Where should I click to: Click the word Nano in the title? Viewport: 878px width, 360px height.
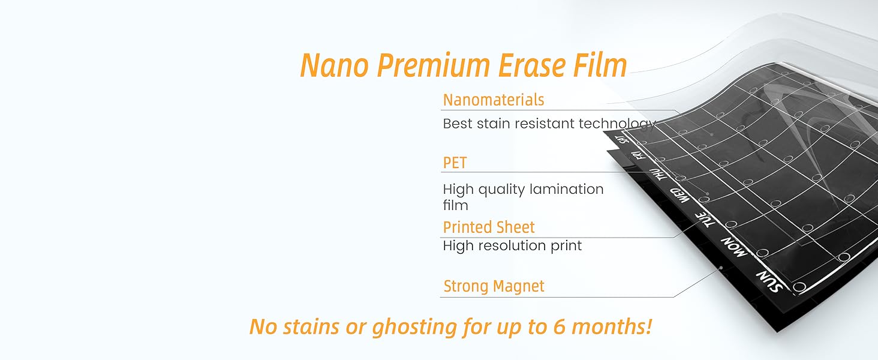333,65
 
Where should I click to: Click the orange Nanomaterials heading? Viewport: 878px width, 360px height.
494,100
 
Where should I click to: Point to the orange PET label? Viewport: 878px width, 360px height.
455,163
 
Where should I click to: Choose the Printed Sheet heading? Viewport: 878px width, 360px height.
489,227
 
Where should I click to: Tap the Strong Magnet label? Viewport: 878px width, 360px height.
494,286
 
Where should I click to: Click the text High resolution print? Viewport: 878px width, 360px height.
512,245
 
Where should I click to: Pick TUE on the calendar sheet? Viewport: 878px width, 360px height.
706,220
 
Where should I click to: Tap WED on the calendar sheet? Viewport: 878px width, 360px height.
679,196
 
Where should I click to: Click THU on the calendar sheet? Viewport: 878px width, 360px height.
659,175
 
